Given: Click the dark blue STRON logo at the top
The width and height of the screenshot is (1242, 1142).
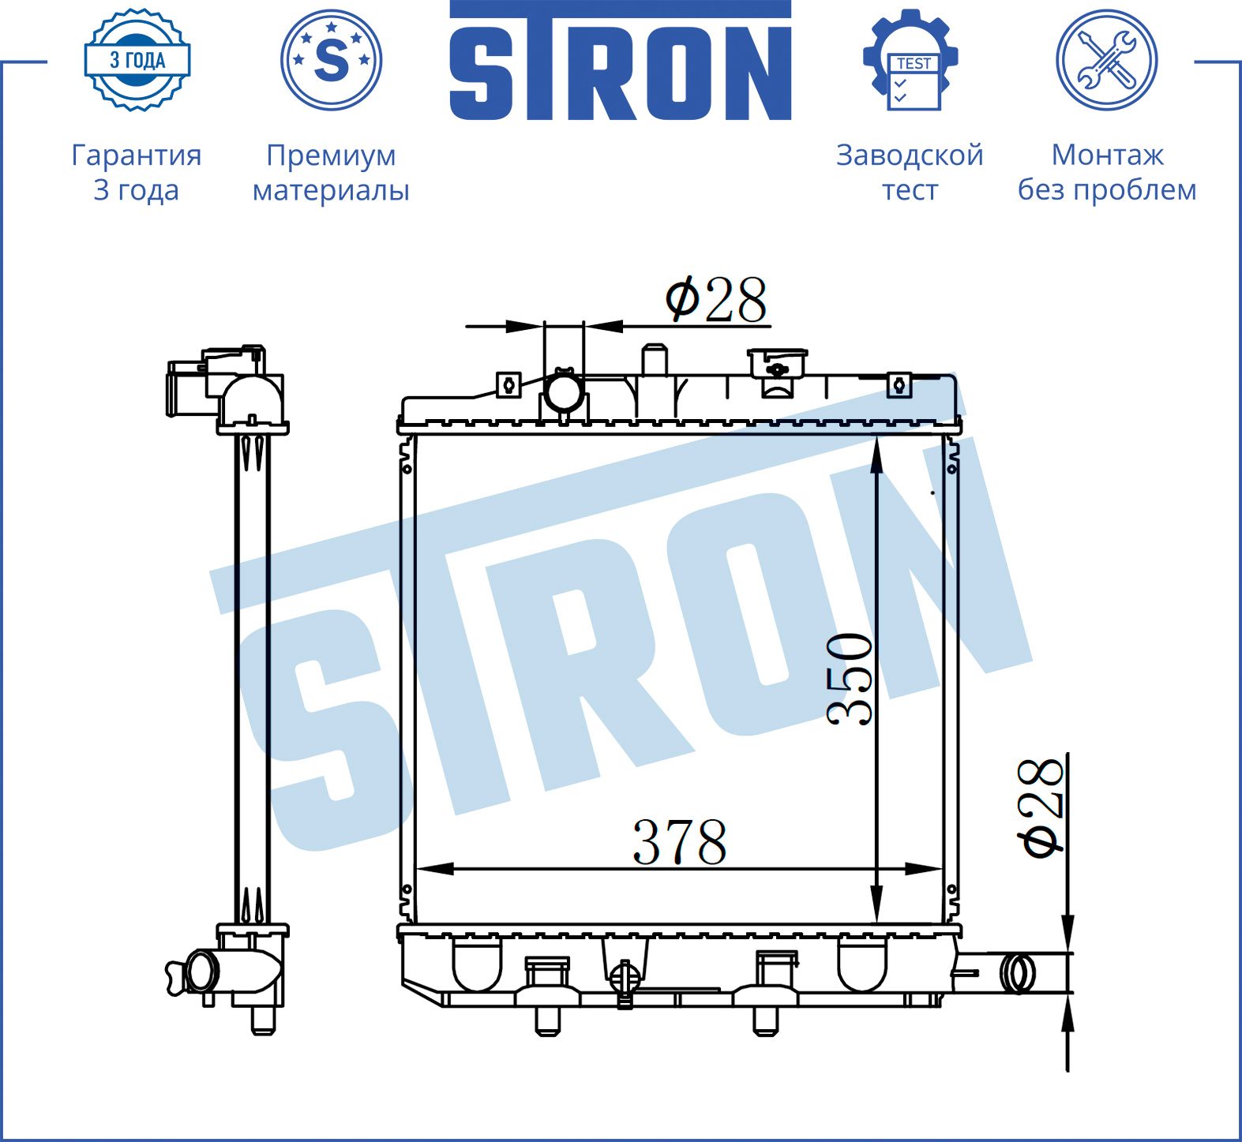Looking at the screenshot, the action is point(620,61).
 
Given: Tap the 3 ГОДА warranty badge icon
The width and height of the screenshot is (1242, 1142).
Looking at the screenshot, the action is point(137,60).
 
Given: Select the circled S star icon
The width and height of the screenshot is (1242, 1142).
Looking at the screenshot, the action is point(331,60).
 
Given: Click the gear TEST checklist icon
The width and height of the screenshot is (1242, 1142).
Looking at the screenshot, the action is point(910,61).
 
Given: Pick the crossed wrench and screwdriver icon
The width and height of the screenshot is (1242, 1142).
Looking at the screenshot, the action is point(1107,60).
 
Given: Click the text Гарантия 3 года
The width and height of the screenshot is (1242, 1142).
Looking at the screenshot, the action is point(137,172).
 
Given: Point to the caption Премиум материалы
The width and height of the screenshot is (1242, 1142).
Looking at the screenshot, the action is point(331,172).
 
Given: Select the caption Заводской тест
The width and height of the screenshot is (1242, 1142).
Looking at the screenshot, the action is point(910,172).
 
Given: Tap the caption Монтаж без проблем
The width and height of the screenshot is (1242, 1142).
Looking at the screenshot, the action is point(1107,172).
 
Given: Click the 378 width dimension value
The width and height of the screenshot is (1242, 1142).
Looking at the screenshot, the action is point(680,842).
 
